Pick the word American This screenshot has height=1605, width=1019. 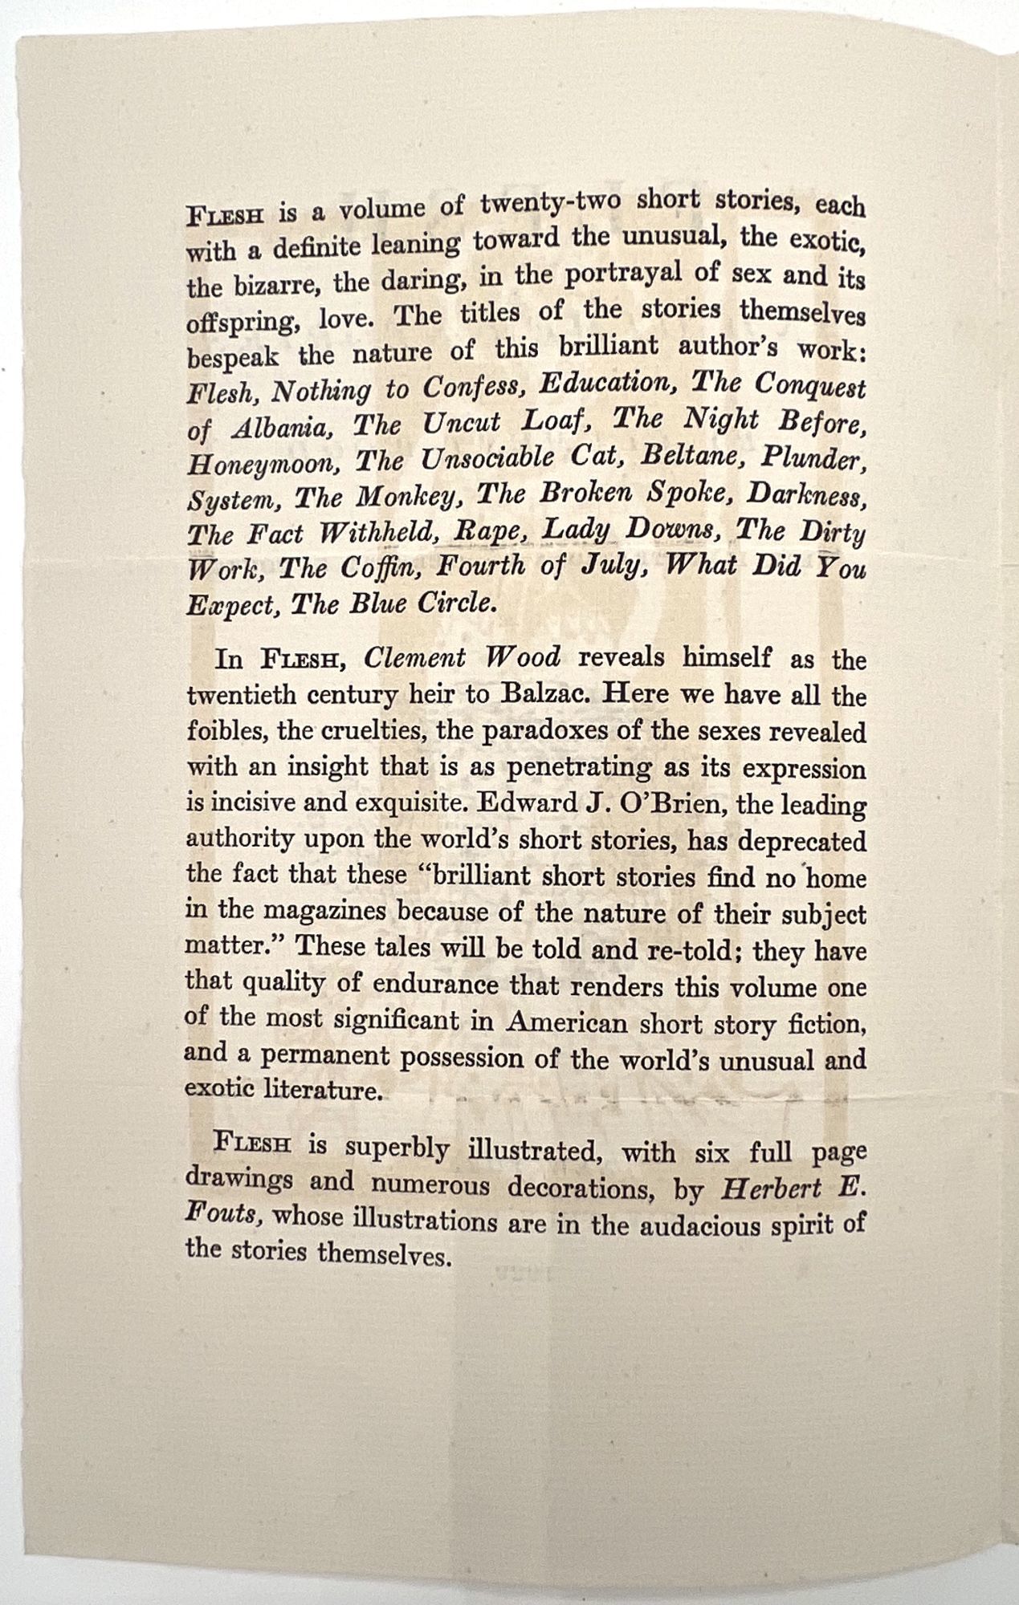pos(568,1023)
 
